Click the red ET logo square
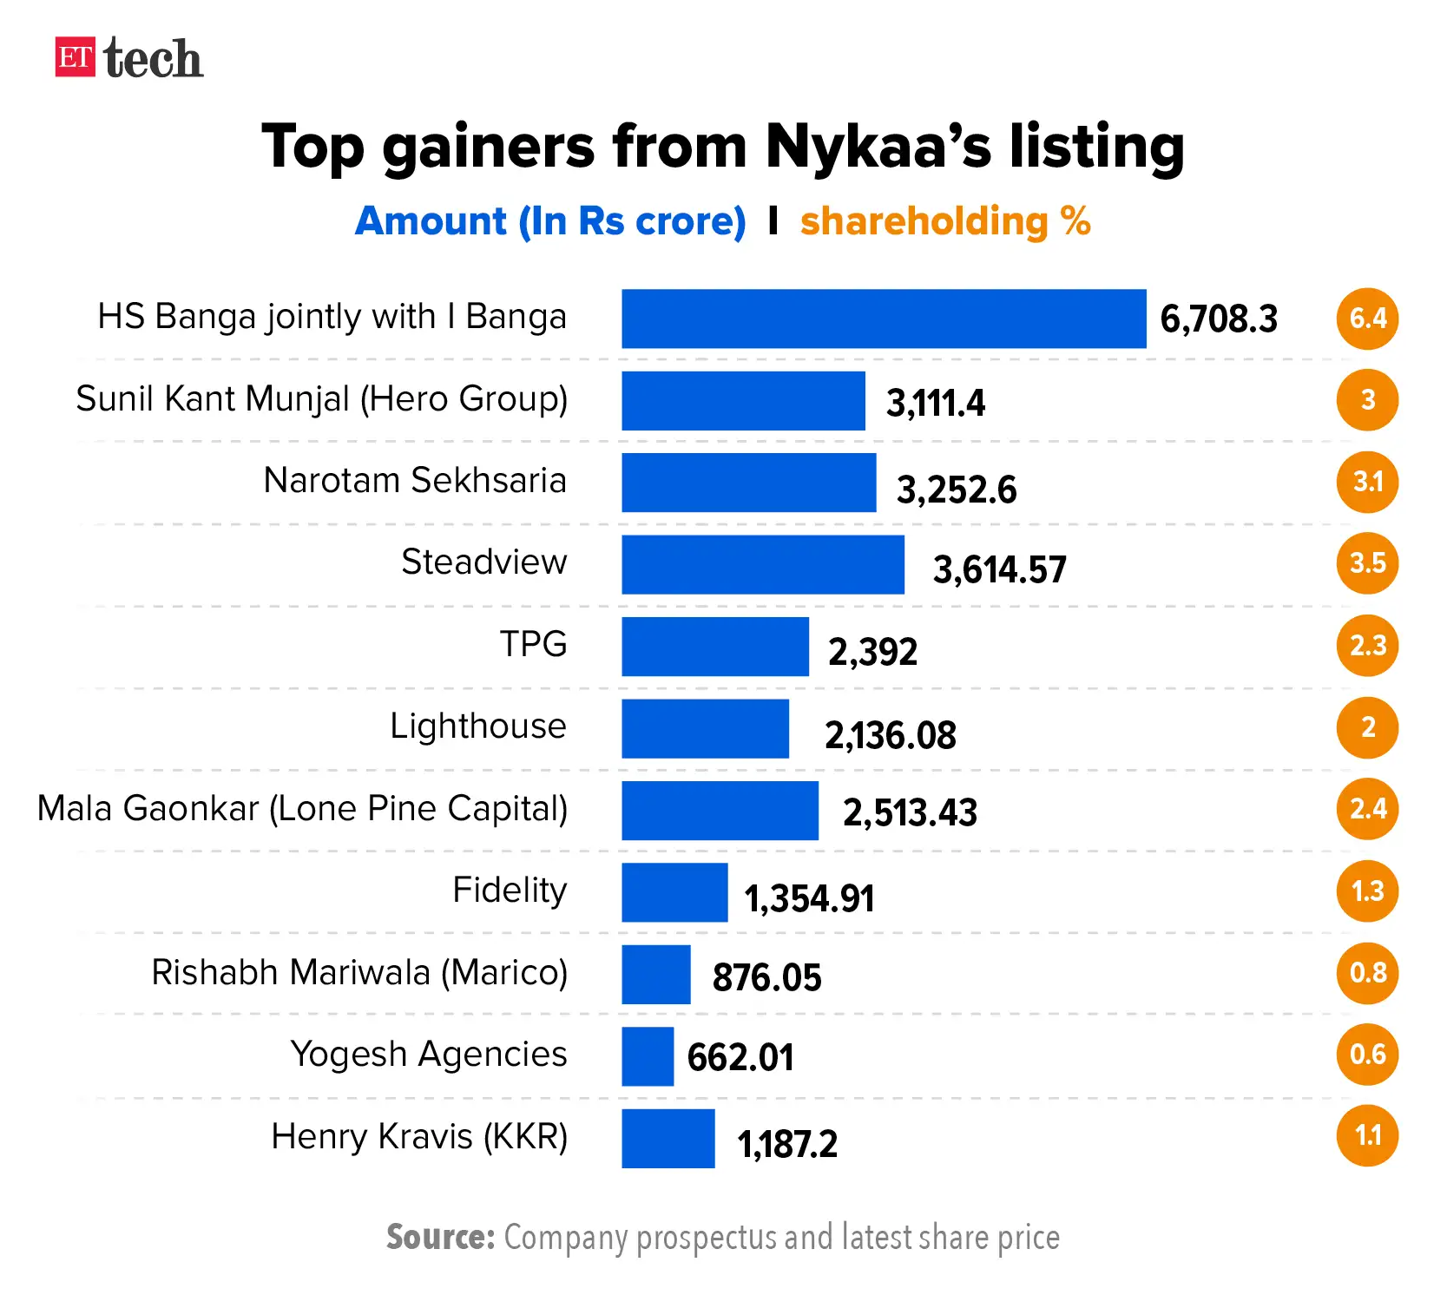[75, 57]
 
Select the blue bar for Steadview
[762, 564]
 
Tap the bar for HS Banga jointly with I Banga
[883, 319]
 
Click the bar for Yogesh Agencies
[648, 1055]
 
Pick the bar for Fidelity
[674, 891]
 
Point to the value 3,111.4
[935, 403]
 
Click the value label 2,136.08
[890, 735]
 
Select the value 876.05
[766, 977]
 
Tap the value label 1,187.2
[787, 1144]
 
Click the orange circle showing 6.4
[1367, 319]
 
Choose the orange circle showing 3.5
[1367, 563]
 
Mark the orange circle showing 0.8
[1367, 973]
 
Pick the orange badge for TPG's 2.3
[1367, 646]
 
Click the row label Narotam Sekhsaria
[415, 480]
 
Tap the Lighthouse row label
[477, 726]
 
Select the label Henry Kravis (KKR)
[419, 1136]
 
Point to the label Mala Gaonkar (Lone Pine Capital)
[302, 808]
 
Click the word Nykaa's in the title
[878, 146]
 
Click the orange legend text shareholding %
[945, 221]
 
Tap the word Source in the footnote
[440, 1237]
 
